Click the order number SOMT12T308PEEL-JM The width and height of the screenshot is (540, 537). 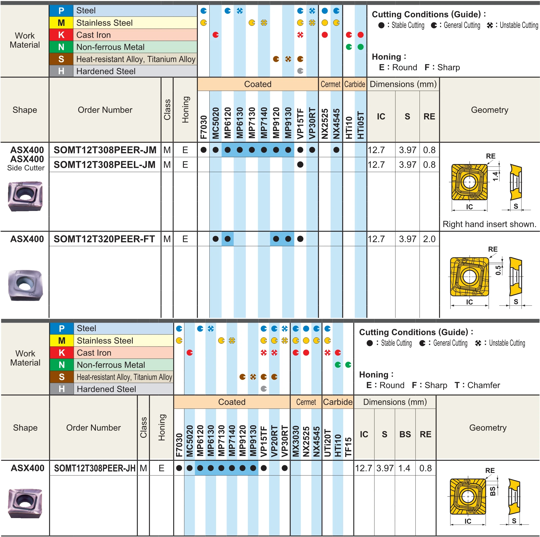pyautogui.click(x=105, y=165)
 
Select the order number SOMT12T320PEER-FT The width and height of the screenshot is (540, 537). pyautogui.click(x=104, y=239)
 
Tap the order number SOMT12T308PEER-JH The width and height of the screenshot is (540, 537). pyautogui.click(x=95, y=468)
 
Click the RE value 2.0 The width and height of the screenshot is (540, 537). pyautogui.click(x=429, y=239)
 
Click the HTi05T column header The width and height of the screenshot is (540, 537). pyautogui.click(x=361, y=125)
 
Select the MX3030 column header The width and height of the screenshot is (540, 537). pyautogui.click(x=296, y=441)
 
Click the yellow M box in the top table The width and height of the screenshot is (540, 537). pyautogui.click(x=61, y=23)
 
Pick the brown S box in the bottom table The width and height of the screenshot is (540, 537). pyautogui.click(x=62, y=377)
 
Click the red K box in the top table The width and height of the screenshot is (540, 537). pyautogui.click(x=61, y=35)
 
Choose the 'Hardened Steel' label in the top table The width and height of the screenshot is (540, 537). pyautogui.click(x=106, y=71)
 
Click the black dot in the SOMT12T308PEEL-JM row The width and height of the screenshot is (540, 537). pyautogui.click(x=300, y=165)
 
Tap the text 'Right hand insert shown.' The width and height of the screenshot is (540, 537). pyautogui.click(x=490, y=224)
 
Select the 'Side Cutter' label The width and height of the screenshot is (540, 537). pyautogui.click(x=26, y=168)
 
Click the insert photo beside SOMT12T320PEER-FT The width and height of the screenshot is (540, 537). pyautogui.click(x=25, y=285)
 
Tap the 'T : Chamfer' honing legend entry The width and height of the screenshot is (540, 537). pyautogui.click(x=477, y=385)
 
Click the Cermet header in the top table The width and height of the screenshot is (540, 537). pyautogui.click(x=330, y=84)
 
